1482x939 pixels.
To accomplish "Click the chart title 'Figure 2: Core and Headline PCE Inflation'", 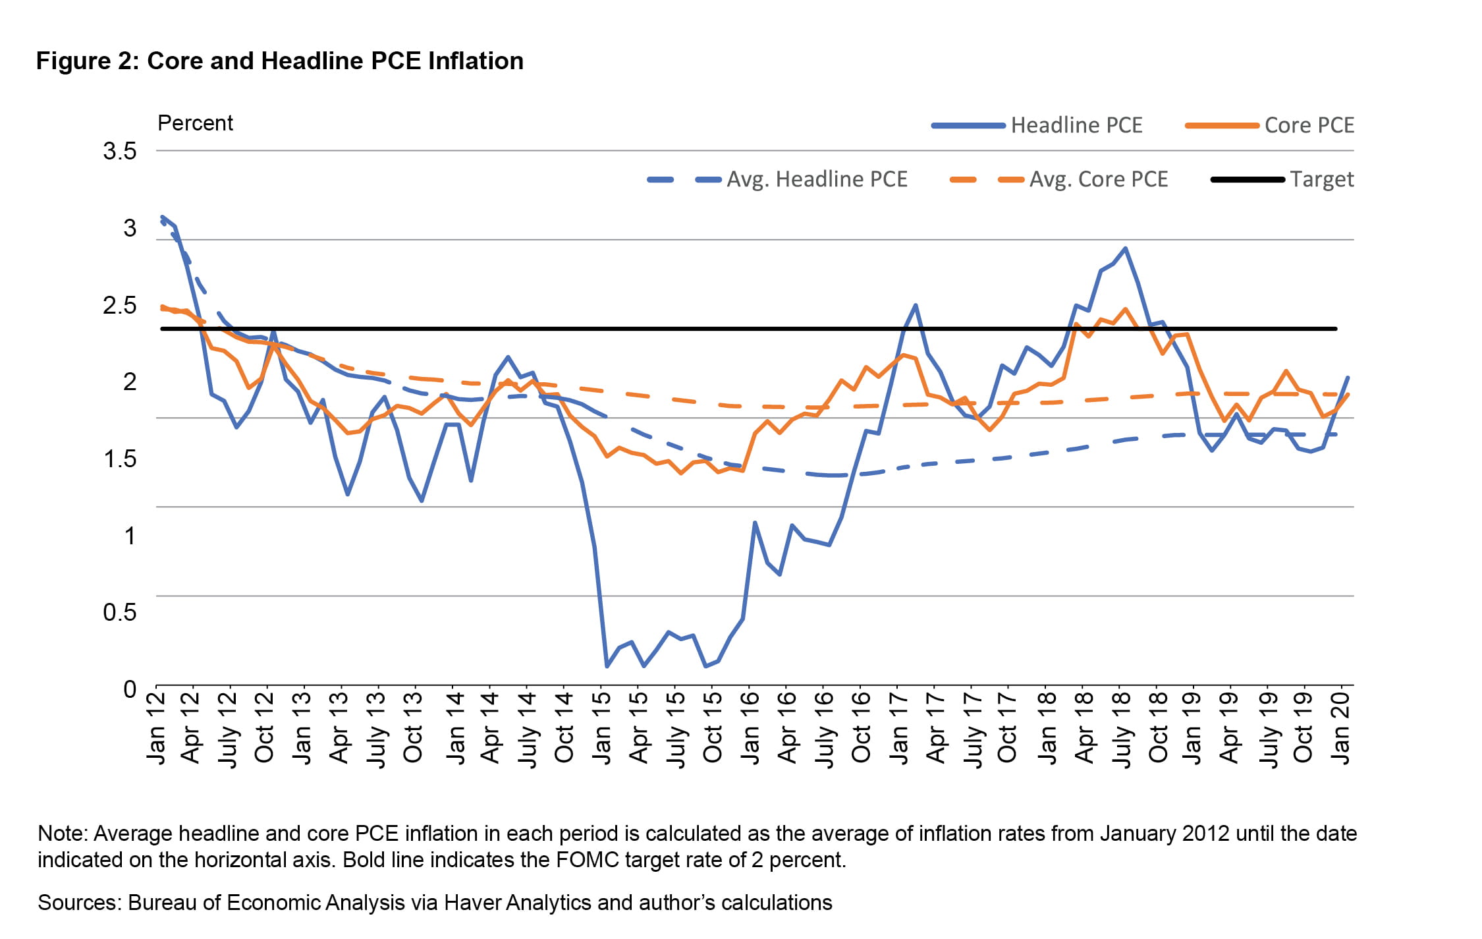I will pyautogui.click(x=279, y=61).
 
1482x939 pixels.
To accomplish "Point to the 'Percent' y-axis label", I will pyautogui.click(x=195, y=123).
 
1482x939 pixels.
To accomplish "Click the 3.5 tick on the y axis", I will pyautogui.click(x=120, y=152).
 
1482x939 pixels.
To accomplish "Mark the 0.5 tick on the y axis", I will pyautogui.click(x=120, y=612).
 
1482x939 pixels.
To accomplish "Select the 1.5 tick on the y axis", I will pyautogui.click(x=120, y=459).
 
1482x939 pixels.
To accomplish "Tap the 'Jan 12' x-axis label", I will pyautogui.click(x=156, y=725).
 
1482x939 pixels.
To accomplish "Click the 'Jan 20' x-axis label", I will pyautogui.click(x=1341, y=725).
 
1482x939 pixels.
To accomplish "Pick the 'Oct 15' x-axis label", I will pyautogui.click(x=713, y=725).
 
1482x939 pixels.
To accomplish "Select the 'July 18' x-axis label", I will pyautogui.click(x=1121, y=728).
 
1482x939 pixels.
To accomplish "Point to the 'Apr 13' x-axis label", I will pyautogui.click(x=339, y=725).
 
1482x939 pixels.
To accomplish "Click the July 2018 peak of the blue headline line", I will pyautogui.click(x=1126, y=248).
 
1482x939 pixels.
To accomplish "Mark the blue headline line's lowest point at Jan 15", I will pyautogui.click(x=607, y=666).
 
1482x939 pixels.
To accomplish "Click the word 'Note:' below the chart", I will pyautogui.click(x=63, y=834).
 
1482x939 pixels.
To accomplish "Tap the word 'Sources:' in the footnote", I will pyautogui.click(x=80, y=903).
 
